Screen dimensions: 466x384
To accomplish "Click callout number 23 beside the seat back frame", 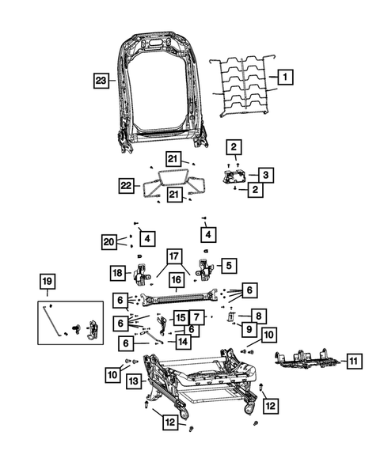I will point(100,79).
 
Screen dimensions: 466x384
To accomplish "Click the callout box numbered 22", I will point(126,185).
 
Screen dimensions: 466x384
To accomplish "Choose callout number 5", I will point(229,265).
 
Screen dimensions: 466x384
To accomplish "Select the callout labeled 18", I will point(118,273).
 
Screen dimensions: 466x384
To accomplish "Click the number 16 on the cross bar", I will point(176,279).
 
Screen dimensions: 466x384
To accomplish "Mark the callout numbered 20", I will point(109,241).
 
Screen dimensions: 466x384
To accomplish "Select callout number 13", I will point(133,381).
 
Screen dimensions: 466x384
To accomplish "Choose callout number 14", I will point(183,342).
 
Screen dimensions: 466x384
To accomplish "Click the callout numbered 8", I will point(258,314).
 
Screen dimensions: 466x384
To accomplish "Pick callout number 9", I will point(247,329).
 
